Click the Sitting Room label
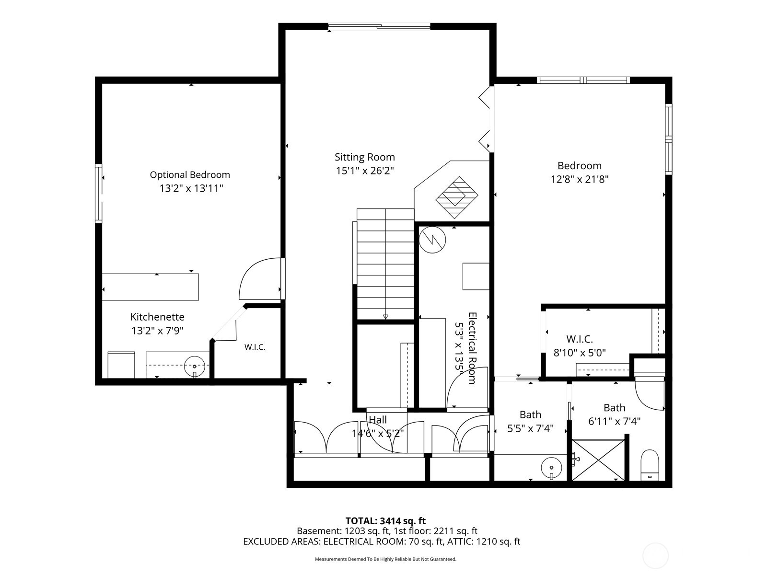(364, 157)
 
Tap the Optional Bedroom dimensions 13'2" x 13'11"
(191, 188)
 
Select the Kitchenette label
(157, 317)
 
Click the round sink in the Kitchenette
(195, 367)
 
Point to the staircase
(385, 264)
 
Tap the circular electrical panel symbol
(432, 239)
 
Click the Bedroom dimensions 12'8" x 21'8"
(579, 180)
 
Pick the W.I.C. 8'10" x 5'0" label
(580, 346)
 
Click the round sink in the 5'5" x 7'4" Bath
(551, 466)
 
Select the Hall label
(378, 420)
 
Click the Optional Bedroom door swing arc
(254, 276)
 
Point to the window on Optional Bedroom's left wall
(99, 193)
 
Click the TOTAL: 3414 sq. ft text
(385, 521)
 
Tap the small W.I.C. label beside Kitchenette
(255, 347)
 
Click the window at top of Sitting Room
(379, 27)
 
